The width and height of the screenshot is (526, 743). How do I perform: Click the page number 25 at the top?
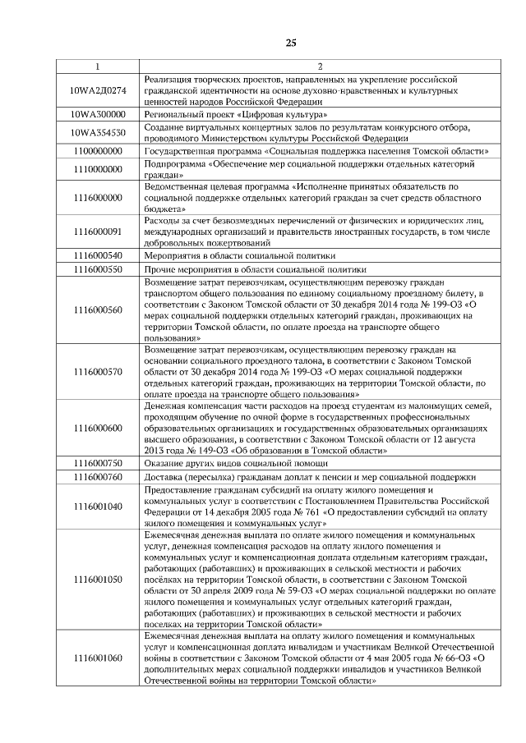[x=291, y=42]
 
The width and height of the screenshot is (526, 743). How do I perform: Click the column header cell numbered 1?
[x=97, y=66]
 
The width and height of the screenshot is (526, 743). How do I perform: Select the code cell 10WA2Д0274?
[x=98, y=89]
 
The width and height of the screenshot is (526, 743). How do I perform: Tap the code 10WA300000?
[x=98, y=115]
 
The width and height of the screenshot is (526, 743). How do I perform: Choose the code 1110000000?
[x=98, y=169]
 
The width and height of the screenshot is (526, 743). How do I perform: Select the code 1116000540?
[x=98, y=256]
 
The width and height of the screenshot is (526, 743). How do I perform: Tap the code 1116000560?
[x=98, y=310]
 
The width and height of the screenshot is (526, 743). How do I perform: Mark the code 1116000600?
[x=98, y=428]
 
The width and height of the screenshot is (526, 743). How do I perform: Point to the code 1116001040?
[x=98, y=507]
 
